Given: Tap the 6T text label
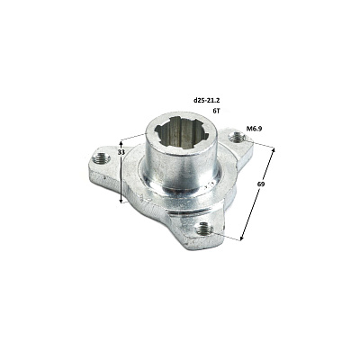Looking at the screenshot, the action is (216, 111).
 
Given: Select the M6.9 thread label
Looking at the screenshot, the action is (255, 129).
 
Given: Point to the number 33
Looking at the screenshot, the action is (121, 152).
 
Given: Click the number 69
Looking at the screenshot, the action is (261, 184).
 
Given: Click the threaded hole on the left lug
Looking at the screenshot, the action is (98, 157).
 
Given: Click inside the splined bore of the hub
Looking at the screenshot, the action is (181, 133).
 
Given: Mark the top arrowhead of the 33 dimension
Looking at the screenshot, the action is (121, 141).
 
